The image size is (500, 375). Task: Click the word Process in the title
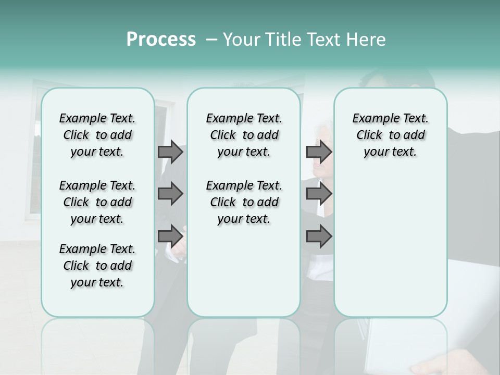point(161,40)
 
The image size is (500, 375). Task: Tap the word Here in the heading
point(367,40)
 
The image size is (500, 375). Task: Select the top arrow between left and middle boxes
point(170,152)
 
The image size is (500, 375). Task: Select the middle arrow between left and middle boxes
point(170,194)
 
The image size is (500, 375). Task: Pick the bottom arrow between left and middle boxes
point(170,236)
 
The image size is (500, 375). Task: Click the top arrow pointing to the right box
point(319,152)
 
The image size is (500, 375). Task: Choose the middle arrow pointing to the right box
point(319,194)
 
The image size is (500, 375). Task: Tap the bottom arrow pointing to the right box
point(319,236)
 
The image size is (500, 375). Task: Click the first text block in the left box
point(97,135)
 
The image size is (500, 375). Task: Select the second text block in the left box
point(97,202)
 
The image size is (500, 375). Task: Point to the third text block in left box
point(97,266)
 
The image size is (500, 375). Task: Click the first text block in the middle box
point(244,135)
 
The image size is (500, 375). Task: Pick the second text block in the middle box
point(244,202)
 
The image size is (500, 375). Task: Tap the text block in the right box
point(390,135)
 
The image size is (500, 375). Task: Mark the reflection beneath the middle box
point(244,344)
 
